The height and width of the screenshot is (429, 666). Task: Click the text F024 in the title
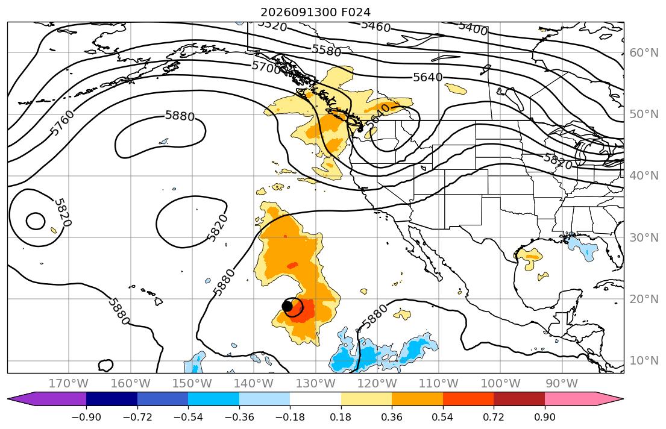coord(356,12)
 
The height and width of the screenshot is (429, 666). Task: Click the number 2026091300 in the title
coord(299,12)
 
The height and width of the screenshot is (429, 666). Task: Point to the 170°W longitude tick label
coord(69,384)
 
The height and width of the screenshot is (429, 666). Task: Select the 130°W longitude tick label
coord(316,384)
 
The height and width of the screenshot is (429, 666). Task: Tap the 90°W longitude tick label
coord(562,384)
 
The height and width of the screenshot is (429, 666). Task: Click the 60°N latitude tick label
coord(644,52)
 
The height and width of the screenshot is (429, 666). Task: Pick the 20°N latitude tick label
coord(644,299)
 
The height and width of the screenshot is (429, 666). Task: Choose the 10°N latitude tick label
coord(644,361)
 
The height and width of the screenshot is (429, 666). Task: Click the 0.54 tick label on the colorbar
coord(442,417)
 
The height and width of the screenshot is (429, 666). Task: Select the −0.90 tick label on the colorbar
coord(86,417)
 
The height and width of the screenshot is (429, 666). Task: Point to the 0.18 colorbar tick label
coord(341,417)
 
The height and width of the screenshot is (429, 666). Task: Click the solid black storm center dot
coord(287,305)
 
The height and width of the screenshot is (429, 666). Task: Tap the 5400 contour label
coord(473,28)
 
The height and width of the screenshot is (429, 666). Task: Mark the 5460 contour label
coord(375,27)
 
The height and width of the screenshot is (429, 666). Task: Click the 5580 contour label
coord(327,50)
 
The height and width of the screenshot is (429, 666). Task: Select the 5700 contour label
coord(266,67)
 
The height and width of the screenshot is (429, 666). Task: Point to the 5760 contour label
coord(62,123)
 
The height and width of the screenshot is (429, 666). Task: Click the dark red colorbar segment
coord(519,399)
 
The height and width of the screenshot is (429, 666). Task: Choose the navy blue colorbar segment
coord(112,399)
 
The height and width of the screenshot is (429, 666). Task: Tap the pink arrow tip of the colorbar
coord(623,399)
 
